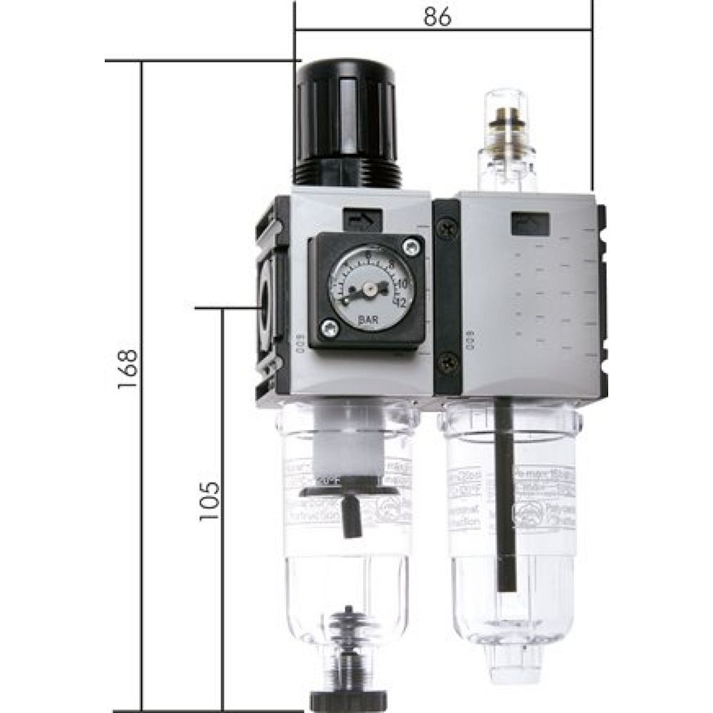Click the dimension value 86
(437, 18)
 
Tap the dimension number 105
(209, 499)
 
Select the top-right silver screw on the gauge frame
(410, 248)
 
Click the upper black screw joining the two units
(447, 229)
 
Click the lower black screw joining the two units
(447, 361)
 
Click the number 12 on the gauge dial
(401, 302)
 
